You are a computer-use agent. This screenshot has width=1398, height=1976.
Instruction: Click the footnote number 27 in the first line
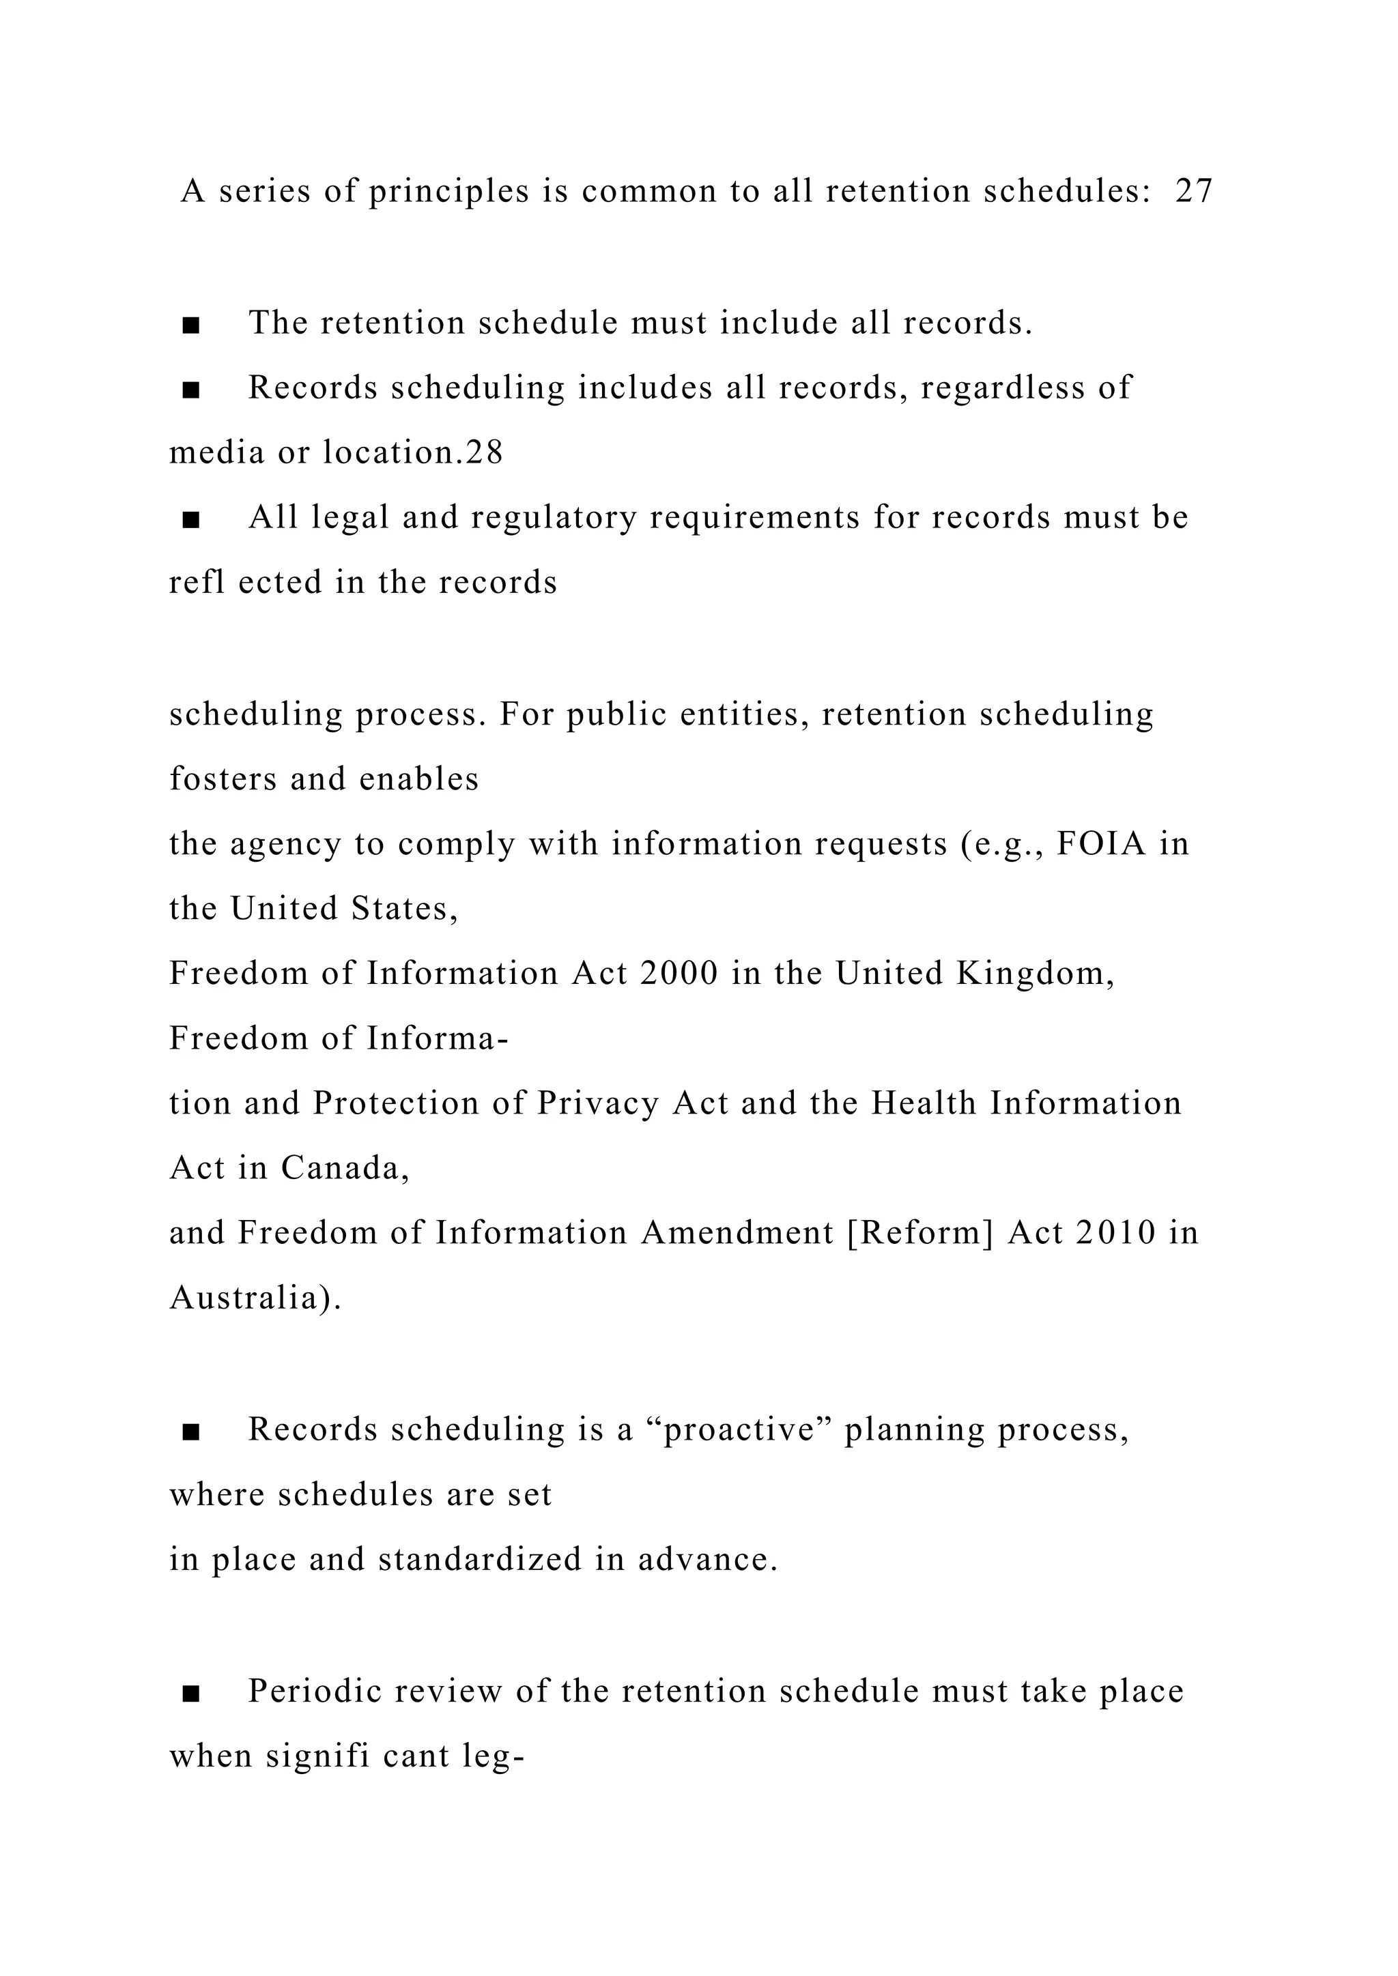1194,190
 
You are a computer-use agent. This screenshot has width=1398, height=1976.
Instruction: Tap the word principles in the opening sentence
448,192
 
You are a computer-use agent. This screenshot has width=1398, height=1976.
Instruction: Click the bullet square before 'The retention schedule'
191,325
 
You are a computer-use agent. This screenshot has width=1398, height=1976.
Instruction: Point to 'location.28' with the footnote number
412,452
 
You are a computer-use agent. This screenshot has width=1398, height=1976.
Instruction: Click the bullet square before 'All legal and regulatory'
191,520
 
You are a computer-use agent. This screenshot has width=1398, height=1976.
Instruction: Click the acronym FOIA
1102,844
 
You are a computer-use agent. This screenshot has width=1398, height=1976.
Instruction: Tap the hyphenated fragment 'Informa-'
438,1038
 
